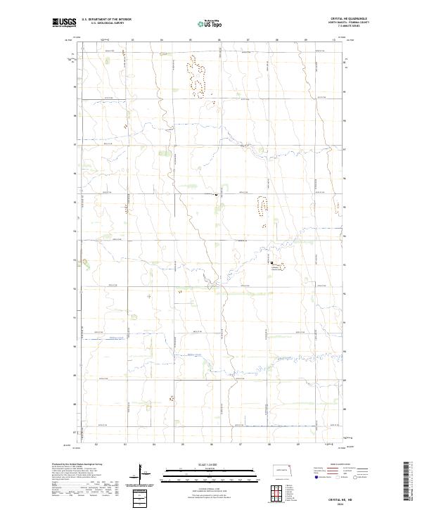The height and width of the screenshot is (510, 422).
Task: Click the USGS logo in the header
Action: click(64, 23)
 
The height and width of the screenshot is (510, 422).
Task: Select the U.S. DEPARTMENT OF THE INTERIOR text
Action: click(106, 20)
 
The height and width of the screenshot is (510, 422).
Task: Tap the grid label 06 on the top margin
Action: click(219, 39)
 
